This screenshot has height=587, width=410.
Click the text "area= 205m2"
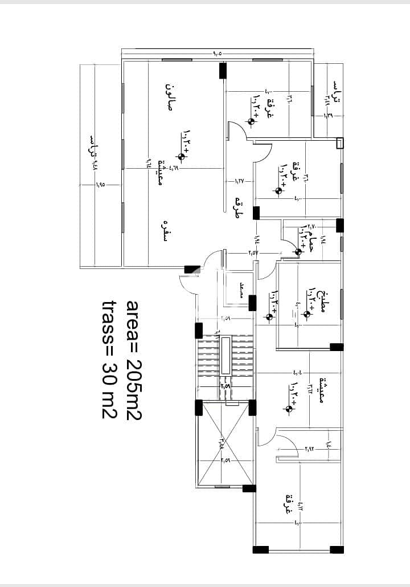pyautogui.click(x=134, y=360)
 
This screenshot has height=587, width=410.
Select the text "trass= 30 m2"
pyautogui.click(x=109, y=360)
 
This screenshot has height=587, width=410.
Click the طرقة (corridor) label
pyautogui.click(x=238, y=209)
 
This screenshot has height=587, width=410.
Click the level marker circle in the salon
pyautogui.click(x=182, y=157)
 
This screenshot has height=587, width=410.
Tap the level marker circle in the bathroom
pyautogui.click(x=299, y=252)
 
